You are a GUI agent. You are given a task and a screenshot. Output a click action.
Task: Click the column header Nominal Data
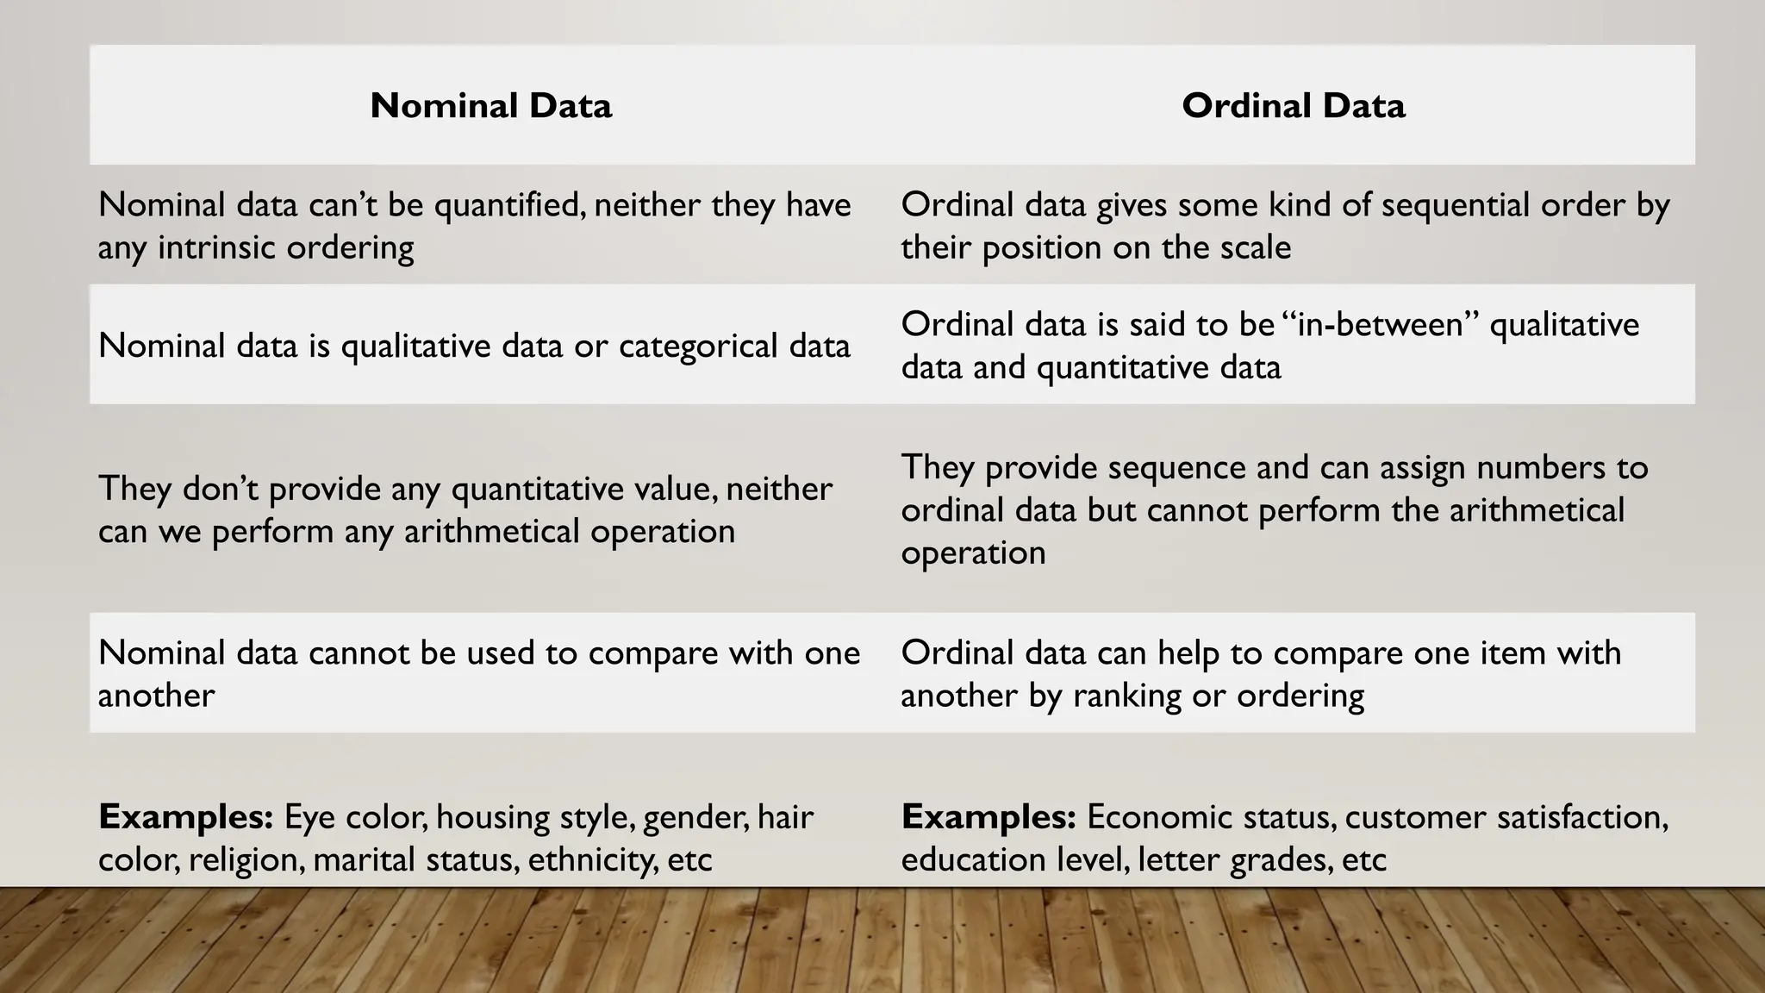490,106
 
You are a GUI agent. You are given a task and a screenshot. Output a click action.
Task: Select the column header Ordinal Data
1293,106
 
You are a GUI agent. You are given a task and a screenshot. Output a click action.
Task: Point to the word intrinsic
217,248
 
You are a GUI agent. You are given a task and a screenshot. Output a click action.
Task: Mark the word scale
1255,248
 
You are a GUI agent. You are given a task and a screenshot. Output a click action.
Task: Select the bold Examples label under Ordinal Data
989,817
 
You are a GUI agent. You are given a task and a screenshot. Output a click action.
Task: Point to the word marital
349,860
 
